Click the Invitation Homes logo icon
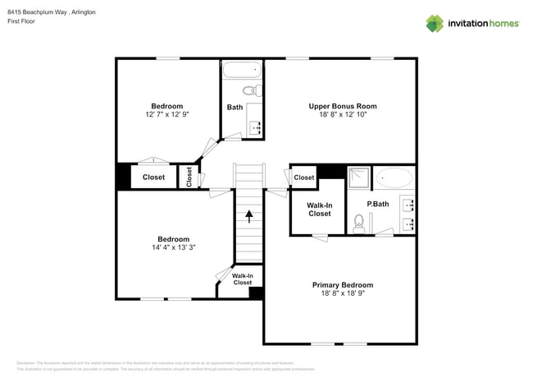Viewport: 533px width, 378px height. click(x=434, y=23)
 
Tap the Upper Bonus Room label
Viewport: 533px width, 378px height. click(x=342, y=106)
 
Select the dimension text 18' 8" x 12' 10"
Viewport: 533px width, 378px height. click(x=342, y=115)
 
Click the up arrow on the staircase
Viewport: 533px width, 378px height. click(x=249, y=216)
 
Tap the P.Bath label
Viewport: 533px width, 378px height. click(x=377, y=204)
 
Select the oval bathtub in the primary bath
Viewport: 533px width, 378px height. click(x=394, y=178)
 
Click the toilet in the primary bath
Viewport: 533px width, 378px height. click(x=358, y=222)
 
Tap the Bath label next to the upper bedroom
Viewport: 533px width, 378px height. click(x=235, y=107)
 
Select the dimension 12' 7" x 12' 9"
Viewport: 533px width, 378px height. click(x=166, y=115)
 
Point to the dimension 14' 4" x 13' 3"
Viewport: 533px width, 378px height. click(x=173, y=247)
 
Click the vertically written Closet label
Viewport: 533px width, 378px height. click(x=189, y=177)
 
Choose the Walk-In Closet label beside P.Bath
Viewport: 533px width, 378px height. click(x=319, y=209)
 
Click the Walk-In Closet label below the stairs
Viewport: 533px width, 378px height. click(x=242, y=279)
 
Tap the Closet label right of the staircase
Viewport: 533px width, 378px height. click(x=303, y=177)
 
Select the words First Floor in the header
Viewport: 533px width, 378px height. click(x=23, y=22)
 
